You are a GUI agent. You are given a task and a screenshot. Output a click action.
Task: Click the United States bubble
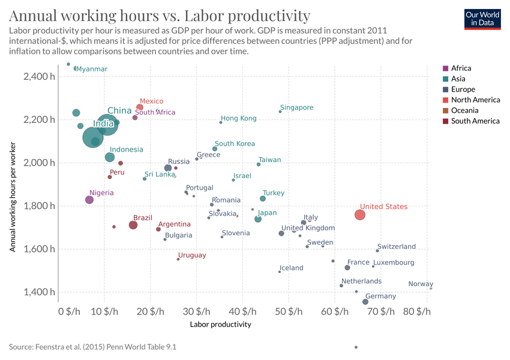360,215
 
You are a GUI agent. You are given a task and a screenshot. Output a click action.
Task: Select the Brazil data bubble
133,225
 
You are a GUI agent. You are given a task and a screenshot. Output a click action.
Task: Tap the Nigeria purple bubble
89,200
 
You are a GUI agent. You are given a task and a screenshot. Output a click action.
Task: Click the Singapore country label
296,108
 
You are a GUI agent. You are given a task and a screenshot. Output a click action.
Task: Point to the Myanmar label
92,69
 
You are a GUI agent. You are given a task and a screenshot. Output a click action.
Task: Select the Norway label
420,284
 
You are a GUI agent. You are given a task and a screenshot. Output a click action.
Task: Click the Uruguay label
192,256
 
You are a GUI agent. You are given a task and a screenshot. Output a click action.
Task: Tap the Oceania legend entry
466,110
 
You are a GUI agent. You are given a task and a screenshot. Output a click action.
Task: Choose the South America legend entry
475,121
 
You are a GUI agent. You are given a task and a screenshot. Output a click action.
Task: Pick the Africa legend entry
461,68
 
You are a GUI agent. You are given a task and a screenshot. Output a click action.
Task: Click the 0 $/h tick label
68,312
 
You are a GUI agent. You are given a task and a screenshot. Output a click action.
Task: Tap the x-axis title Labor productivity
220,325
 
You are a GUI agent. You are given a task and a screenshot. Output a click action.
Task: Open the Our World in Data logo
482,19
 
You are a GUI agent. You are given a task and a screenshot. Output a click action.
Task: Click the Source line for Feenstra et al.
92,347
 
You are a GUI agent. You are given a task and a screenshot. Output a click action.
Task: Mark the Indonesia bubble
110,157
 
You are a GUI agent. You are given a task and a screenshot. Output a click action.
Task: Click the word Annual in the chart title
34,16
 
